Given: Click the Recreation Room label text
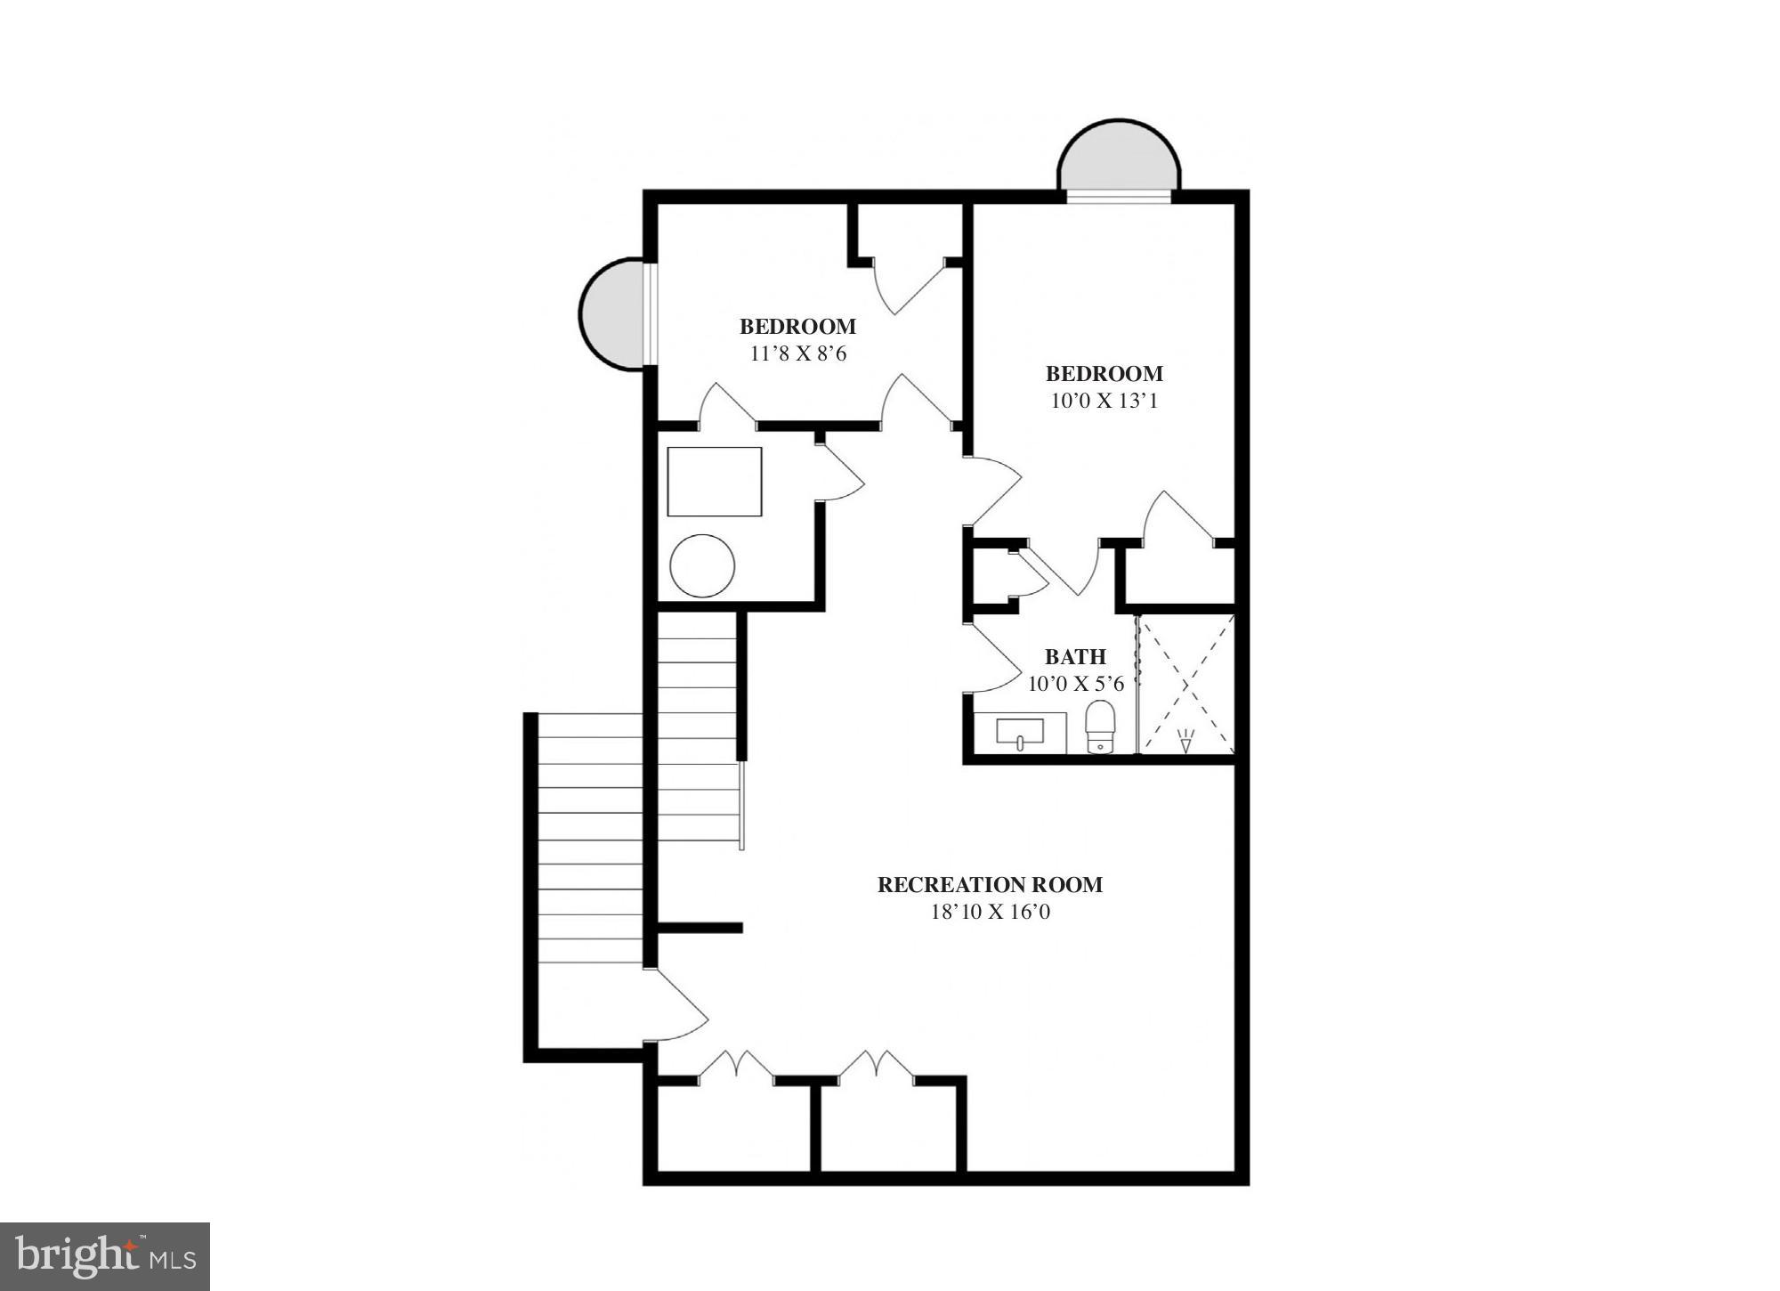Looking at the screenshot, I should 990,885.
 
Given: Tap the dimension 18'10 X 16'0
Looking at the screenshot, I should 990,913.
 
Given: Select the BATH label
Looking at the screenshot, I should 1075,657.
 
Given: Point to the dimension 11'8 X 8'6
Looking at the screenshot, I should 797,354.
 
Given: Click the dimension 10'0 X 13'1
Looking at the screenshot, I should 1104,402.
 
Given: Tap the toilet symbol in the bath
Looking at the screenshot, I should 1100,727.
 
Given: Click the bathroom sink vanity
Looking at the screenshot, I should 1020,734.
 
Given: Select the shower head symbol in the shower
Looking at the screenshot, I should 1185,741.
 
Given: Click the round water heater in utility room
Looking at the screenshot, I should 702,565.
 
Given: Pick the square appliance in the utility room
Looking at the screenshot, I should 715,482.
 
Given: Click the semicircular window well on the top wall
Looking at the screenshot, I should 1119,158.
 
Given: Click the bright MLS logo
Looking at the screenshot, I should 105,1256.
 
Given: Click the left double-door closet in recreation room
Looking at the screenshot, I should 735,1067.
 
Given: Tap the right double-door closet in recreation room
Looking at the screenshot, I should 878,1067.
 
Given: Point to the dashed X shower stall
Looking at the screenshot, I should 1186,684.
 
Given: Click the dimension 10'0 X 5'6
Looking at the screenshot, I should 1075,685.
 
